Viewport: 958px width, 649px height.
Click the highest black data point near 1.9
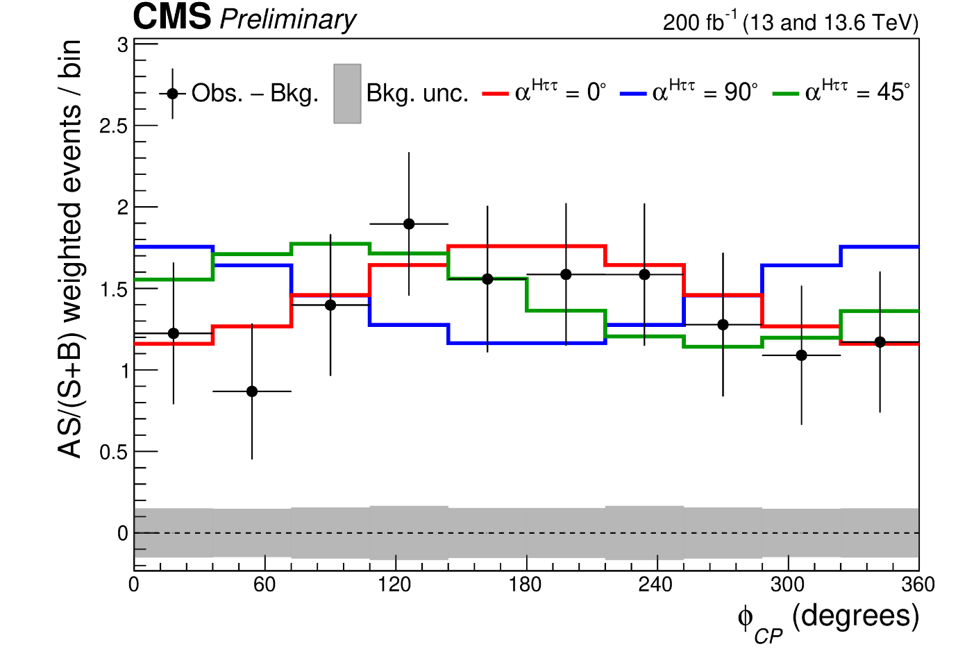tap(409, 224)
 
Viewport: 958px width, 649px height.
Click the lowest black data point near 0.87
tap(252, 391)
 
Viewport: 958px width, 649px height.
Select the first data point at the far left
tap(174, 334)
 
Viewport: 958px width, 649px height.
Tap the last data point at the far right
tap(880, 342)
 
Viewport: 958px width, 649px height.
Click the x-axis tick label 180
tap(525, 585)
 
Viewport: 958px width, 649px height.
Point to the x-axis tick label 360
tap(918, 585)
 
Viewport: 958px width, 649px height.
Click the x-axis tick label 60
tap(264, 585)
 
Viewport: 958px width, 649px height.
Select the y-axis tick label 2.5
tap(114, 126)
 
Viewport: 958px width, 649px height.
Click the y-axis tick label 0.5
tap(114, 452)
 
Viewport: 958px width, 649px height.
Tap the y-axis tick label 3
tap(122, 44)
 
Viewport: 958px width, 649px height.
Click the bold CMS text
tap(171, 17)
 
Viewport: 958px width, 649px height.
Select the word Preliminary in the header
tap(287, 19)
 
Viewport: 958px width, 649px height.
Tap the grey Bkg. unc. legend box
tap(347, 94)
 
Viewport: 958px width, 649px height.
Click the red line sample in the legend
tap(496, 93)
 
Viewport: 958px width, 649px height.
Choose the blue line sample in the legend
tap(633, 93)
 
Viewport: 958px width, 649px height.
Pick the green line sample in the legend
tap(786, 93)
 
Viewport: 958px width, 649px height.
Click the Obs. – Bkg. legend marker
tap(173, 93)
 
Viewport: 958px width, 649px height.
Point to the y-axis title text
tap(71, 250)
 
